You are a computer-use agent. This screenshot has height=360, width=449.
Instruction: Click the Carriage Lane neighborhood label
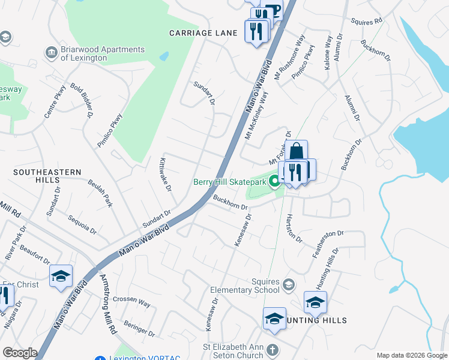[203, 33]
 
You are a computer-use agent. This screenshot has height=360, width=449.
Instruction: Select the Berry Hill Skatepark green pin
[276, 181]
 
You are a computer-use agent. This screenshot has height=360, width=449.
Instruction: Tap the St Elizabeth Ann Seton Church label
[233, 351]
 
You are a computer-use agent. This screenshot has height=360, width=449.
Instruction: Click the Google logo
[19, 353]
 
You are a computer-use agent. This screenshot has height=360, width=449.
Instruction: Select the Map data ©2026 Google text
[411, 355]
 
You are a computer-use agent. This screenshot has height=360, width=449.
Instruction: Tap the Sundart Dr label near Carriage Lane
[204, 93]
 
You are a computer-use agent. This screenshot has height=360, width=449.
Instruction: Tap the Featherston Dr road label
[328, 244]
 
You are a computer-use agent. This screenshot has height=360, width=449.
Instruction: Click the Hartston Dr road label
[294, 228]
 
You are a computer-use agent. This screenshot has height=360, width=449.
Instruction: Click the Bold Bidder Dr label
[81, 100]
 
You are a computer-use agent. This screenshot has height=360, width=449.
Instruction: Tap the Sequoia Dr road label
[82, 224]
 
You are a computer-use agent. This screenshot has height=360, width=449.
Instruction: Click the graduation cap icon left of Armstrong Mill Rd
[61, 277]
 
